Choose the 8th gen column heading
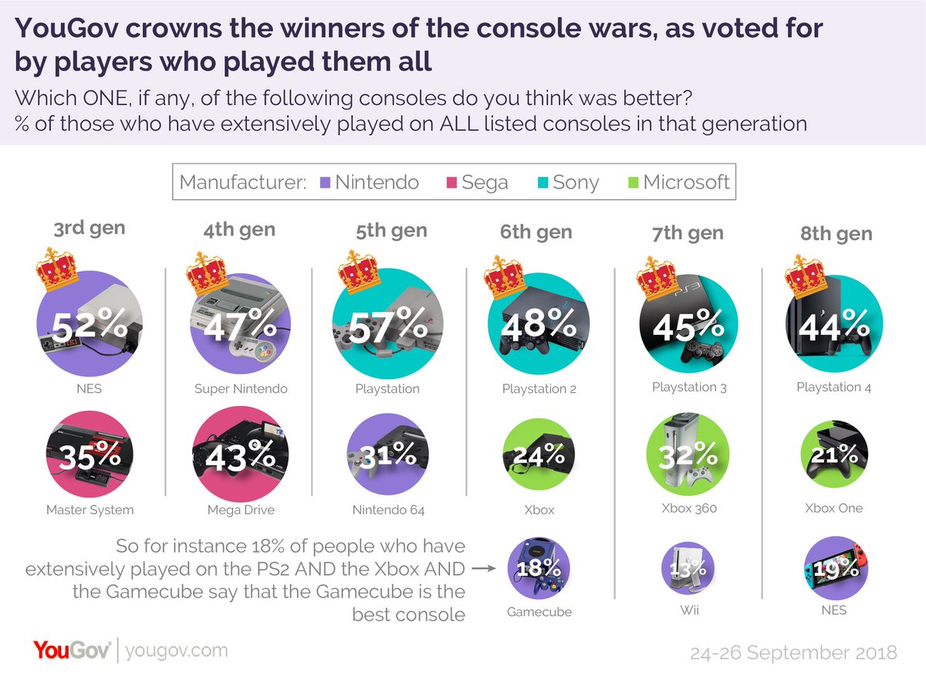click(x=836, y=233)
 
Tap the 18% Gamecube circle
click(x=538, y=569)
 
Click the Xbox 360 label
click(x=688, y=508)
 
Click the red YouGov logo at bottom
click(x=72, y=650)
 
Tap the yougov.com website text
click(x=176, y=651)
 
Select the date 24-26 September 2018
click(x=794, y=652)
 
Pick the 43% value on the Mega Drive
click(x=239, y=457)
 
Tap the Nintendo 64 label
click(x=387, y=509)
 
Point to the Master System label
click(x=90, y=509)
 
